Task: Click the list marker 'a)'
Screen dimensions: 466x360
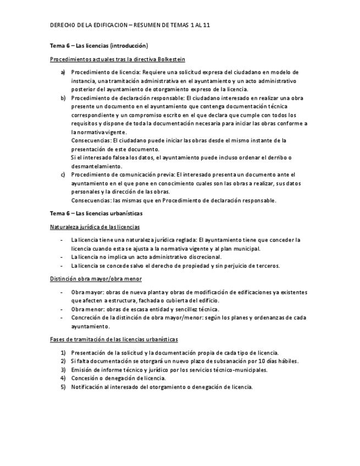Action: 63,72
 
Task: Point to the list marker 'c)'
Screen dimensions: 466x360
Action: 63,174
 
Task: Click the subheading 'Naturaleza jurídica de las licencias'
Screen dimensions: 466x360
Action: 95,226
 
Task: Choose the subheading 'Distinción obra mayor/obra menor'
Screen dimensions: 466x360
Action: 92,279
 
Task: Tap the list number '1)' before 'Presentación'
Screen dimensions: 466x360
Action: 63,352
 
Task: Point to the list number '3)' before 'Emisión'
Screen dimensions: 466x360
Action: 63,370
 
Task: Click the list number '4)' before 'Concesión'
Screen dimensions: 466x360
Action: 63,378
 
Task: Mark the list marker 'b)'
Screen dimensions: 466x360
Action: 63,98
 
